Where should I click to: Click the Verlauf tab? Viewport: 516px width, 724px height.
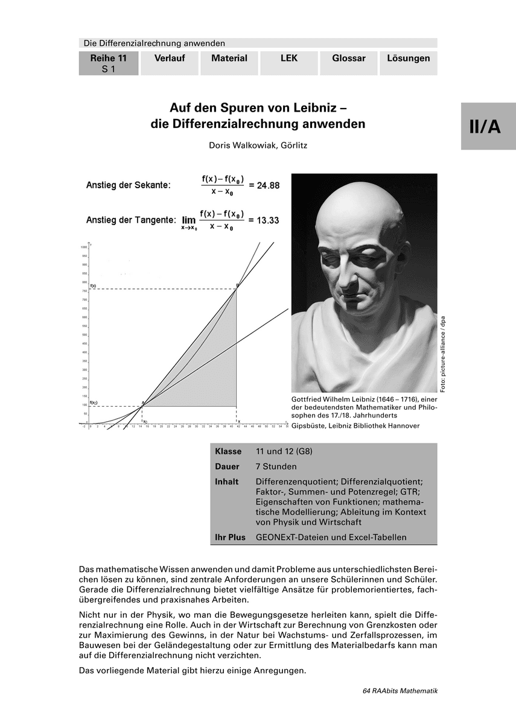tap(169, 59)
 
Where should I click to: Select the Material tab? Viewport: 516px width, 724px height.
tap(229, 59)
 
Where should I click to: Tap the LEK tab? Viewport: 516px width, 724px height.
tap(289, 59)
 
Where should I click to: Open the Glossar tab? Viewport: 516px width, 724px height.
tap(349, 59)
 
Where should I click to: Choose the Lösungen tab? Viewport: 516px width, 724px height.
tap(408, 59)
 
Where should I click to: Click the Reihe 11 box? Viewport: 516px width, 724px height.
tap(109, 63)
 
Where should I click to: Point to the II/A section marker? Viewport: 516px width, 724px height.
tap(488, 127)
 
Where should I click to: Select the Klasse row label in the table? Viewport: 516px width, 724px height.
tap(228, 451)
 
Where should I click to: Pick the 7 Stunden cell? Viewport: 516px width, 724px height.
tap(276, 466)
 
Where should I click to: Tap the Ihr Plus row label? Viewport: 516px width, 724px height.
tap(230, 537)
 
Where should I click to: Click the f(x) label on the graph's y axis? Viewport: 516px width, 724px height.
tap(94, 285)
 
